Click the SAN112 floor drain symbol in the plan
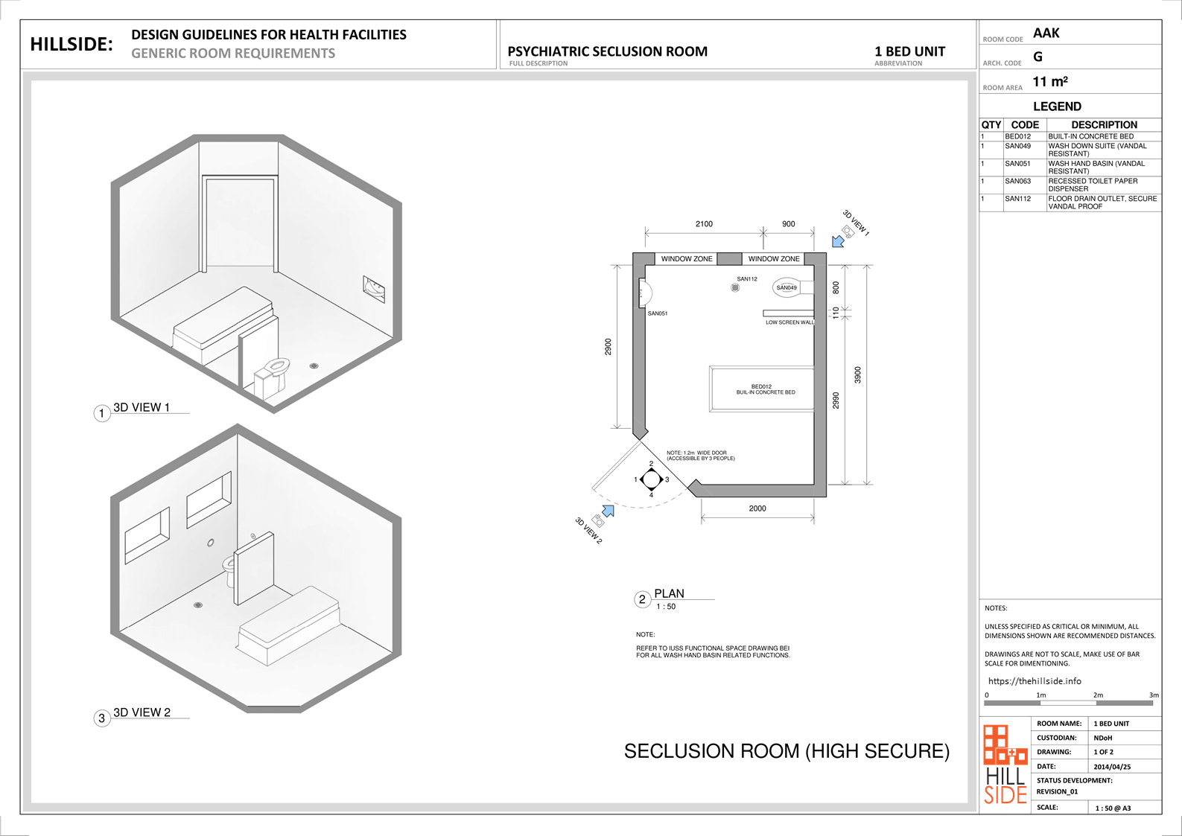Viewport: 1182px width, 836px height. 735,287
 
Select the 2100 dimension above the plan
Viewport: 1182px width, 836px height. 704,224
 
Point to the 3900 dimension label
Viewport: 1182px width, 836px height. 857,375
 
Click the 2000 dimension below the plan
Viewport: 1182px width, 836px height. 757,508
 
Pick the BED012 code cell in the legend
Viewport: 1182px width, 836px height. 1018,136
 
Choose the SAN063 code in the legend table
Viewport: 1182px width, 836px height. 1018,181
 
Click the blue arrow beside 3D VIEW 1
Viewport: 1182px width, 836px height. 837,242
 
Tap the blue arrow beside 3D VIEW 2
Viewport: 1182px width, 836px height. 609,511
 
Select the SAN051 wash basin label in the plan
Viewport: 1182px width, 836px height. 658,313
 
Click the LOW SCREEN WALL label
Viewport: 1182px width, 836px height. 790,322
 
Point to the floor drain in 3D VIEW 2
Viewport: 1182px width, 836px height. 198,605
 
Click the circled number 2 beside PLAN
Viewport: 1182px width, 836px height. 642,600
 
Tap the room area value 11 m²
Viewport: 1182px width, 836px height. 1050,82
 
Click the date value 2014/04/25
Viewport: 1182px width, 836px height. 1112,767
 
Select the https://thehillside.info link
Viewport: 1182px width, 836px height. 1035,681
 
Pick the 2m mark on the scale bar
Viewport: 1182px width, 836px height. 1098,695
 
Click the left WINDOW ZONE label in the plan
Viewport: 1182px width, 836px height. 687,259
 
